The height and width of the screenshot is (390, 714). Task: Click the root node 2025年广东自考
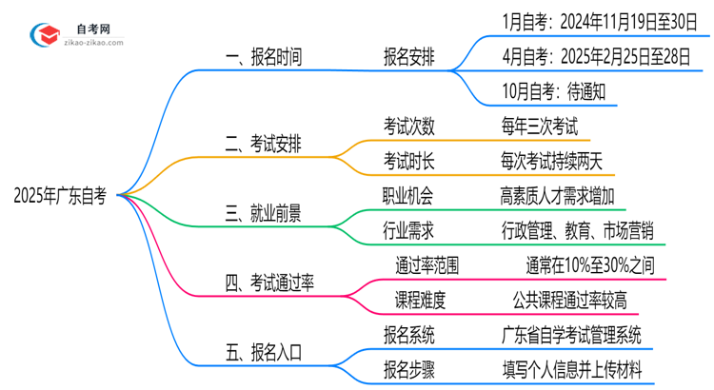[x=59, y=195]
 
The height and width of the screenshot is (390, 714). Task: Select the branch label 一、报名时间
[x=264, y=57]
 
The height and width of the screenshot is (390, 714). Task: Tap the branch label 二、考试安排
[x=264, y=146]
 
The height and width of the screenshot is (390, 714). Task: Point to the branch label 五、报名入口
[x=264, y=352]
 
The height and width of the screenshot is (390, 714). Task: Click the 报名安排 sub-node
[x=410, y=57]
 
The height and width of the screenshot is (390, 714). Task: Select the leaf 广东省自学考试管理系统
[x=570, y=334]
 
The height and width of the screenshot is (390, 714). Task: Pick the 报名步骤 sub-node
[x=410, y=368]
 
